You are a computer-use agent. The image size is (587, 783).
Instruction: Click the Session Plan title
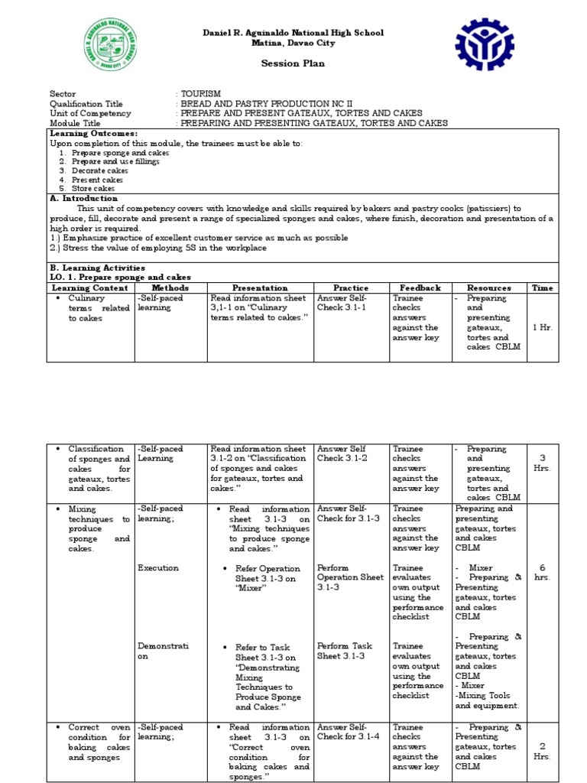click(x=293, y=63)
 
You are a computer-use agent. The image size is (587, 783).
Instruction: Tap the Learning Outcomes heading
click(x=94, y=133)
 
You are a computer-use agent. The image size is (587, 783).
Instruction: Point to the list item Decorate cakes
click(x=100, y=171)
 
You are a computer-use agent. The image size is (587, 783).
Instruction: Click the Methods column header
click(x=170, y=288)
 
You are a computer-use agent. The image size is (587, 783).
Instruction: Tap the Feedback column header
click(x=420, y=288)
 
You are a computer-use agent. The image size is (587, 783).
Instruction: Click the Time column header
click(x=542, y=288)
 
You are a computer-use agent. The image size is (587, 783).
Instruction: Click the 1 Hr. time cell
click(x=542, y=327)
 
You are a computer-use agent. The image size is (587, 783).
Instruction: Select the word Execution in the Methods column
click(x=158, y=568)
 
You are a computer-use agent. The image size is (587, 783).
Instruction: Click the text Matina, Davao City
click(x=293, y=44)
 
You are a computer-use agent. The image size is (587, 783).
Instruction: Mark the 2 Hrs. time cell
click(x=542, y=751)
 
